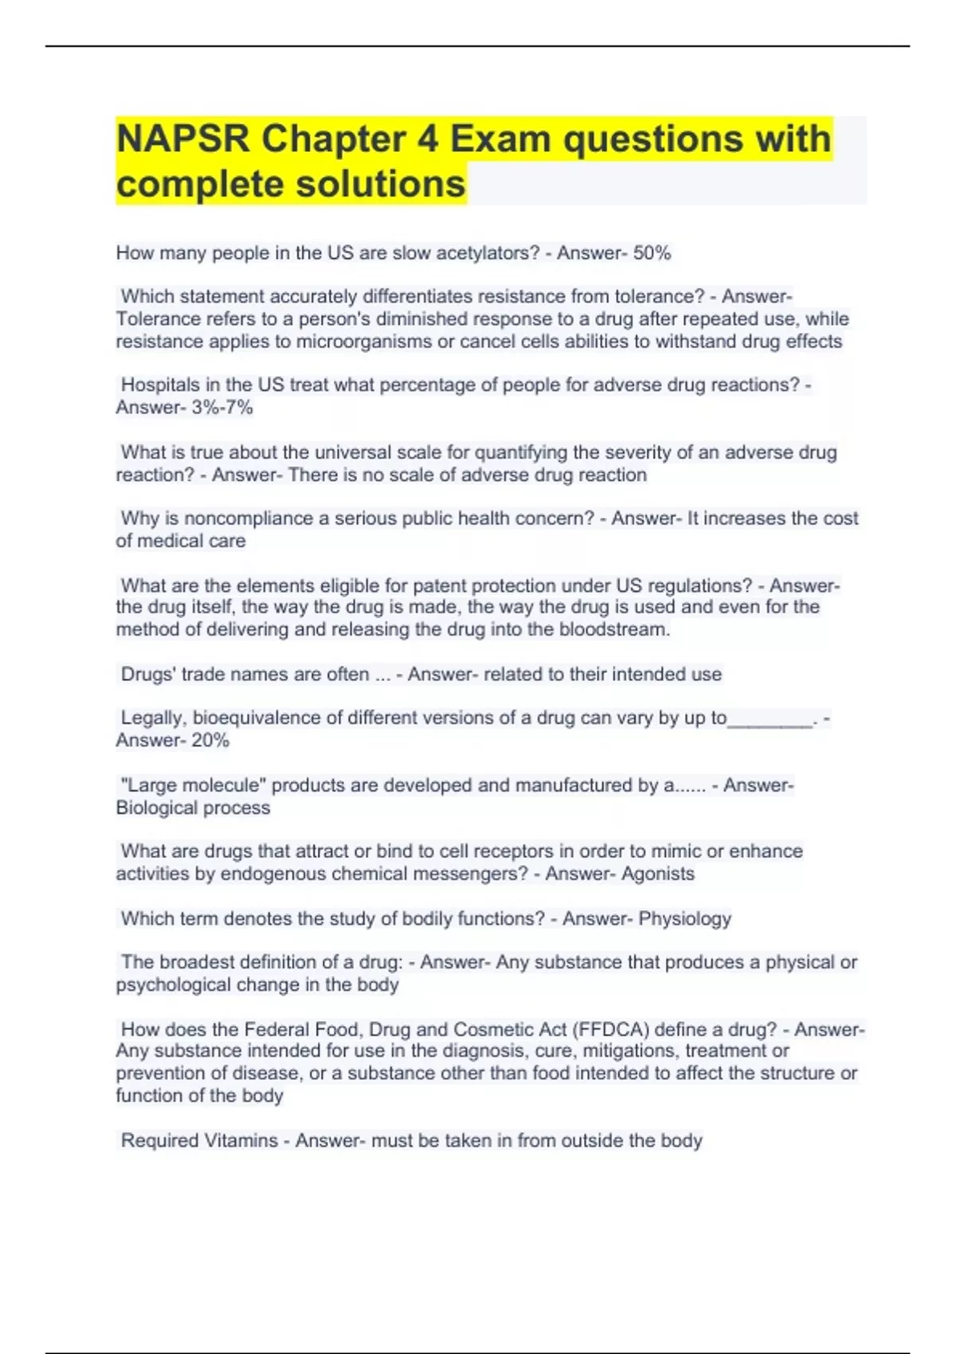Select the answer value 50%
(652, 253)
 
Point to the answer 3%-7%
(222, 408)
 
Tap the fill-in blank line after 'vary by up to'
(770, 719)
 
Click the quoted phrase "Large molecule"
(193, 785)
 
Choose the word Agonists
(657, 874)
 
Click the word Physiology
(684, 918)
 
